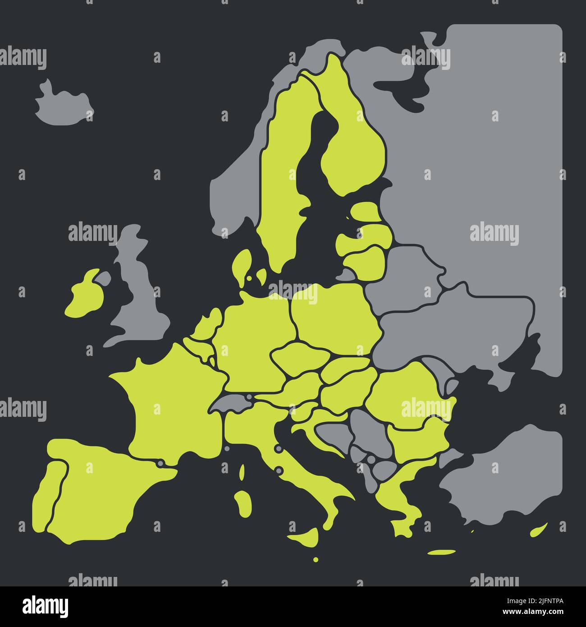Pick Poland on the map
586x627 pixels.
tap(334, 316)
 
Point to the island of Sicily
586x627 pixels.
tap(307, 537)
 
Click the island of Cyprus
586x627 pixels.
tap(539, 530)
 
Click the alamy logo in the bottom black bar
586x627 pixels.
tap(46, 606)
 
